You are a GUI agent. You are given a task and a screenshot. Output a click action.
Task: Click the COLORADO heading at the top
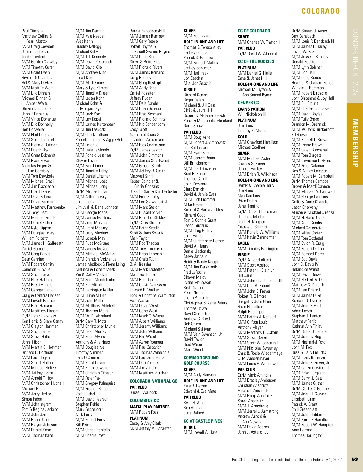[x=321, y=11]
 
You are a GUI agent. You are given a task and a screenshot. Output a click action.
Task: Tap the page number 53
[x=355, y=459]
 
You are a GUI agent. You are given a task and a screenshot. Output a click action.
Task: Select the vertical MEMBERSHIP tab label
[x=355, y=143]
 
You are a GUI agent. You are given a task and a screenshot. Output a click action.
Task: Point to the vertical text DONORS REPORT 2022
[x=355, y=62]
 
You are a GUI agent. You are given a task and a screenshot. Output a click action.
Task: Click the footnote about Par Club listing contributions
[x=286, y=460]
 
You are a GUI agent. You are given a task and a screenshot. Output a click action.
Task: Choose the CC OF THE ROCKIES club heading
[x=256, y=61]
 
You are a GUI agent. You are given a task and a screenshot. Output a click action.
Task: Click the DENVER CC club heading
[x=248, y=103]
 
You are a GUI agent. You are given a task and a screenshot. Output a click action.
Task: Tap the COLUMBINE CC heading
[x=144, y=401]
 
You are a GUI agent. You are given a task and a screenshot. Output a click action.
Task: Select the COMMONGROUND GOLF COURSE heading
[x=201, y=361]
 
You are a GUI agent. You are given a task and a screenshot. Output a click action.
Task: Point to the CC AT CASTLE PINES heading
[x=203, y=421]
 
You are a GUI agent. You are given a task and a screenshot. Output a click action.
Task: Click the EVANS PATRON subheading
[x=251, y=109]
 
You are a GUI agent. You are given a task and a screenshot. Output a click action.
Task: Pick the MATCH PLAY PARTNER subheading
[x=149, y=407]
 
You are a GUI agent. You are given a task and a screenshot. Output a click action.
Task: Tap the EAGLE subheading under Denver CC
[x=243, y=243]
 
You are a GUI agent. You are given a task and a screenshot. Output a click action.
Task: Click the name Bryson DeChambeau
[x=38, y=78]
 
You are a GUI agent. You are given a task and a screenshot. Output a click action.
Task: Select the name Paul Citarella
[x=32, y=31]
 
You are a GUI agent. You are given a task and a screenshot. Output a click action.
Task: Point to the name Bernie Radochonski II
[x=147, y=31]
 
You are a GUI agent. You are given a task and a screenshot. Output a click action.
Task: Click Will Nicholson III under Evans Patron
[x=251, y=114]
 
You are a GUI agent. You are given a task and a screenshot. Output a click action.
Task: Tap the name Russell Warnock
[x=143, y=392]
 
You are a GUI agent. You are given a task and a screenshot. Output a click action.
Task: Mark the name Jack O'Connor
[x=87, y=357]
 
